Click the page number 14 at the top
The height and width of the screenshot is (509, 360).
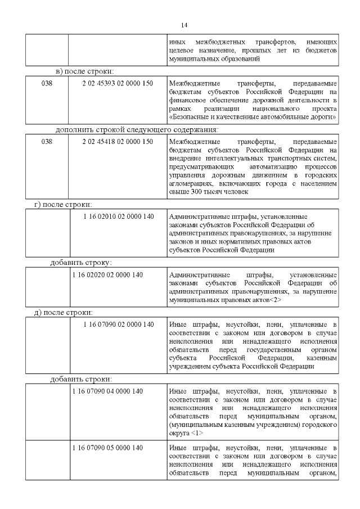tap(184, 25)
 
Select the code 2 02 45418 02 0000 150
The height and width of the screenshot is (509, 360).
tap(118, 142)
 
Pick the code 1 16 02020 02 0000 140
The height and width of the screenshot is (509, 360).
tap(107, 275)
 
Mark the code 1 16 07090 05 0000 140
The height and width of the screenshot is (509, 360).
tap(107, 448)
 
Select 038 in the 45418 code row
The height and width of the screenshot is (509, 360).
tap(47, 142)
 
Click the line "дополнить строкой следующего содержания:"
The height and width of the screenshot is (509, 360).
tap(137, 129)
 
